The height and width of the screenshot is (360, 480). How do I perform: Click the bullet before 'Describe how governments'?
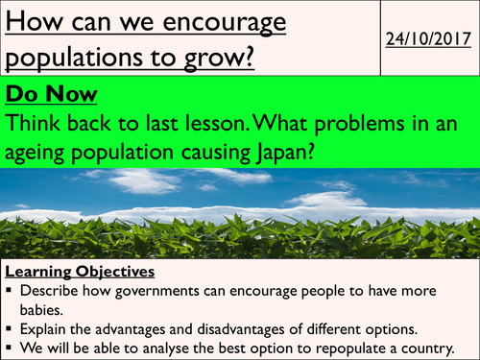(9, 291)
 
